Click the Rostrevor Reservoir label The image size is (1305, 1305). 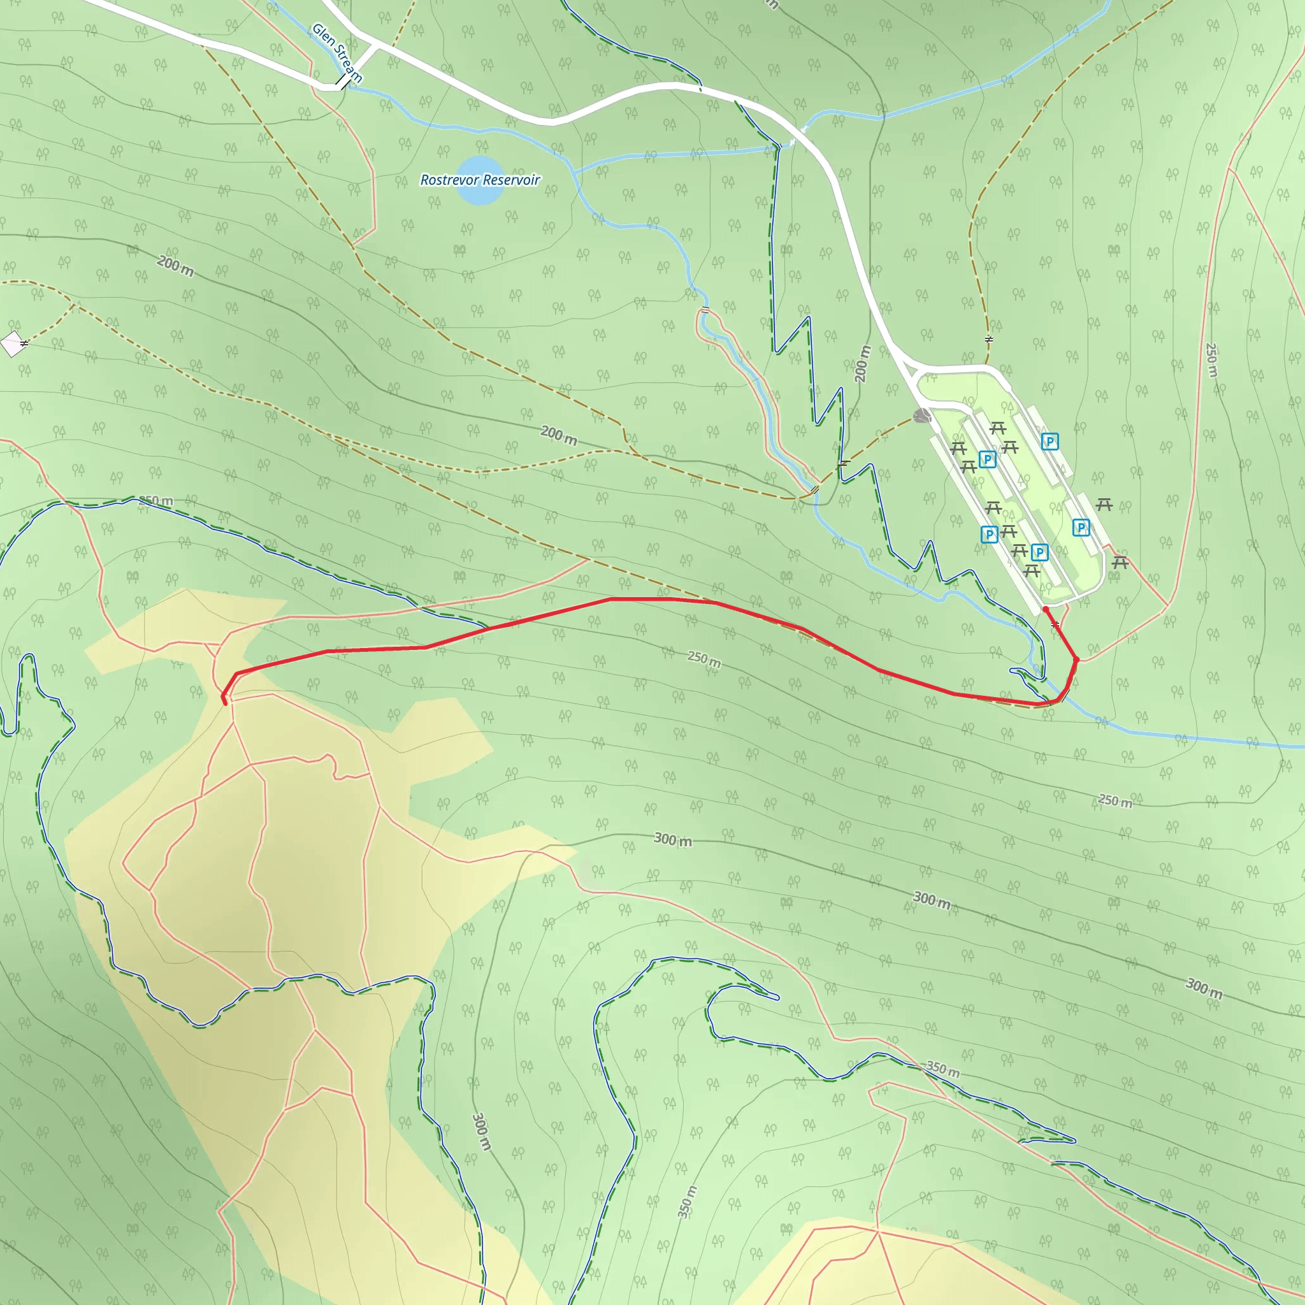point(480,180)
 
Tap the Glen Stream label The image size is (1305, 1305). point(336,53)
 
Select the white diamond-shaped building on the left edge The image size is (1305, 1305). point(13,344)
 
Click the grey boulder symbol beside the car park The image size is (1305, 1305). point(921,416)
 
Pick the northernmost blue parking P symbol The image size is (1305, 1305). point(1049,442)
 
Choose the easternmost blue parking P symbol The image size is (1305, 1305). point(1081,528)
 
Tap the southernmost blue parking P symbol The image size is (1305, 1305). point(1039,552)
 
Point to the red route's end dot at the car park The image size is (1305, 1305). point(1046,609)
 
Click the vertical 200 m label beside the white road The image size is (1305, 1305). point(863,363)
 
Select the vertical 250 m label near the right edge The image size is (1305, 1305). point(1211,360)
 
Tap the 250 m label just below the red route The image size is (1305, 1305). point(704,659)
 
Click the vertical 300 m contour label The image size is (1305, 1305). point(480,1132)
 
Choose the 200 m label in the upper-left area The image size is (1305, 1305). point(176,266)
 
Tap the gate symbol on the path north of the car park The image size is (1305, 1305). point(988,340)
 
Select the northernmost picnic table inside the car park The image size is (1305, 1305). point(997,428)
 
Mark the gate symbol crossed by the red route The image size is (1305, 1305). point(1055,624)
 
